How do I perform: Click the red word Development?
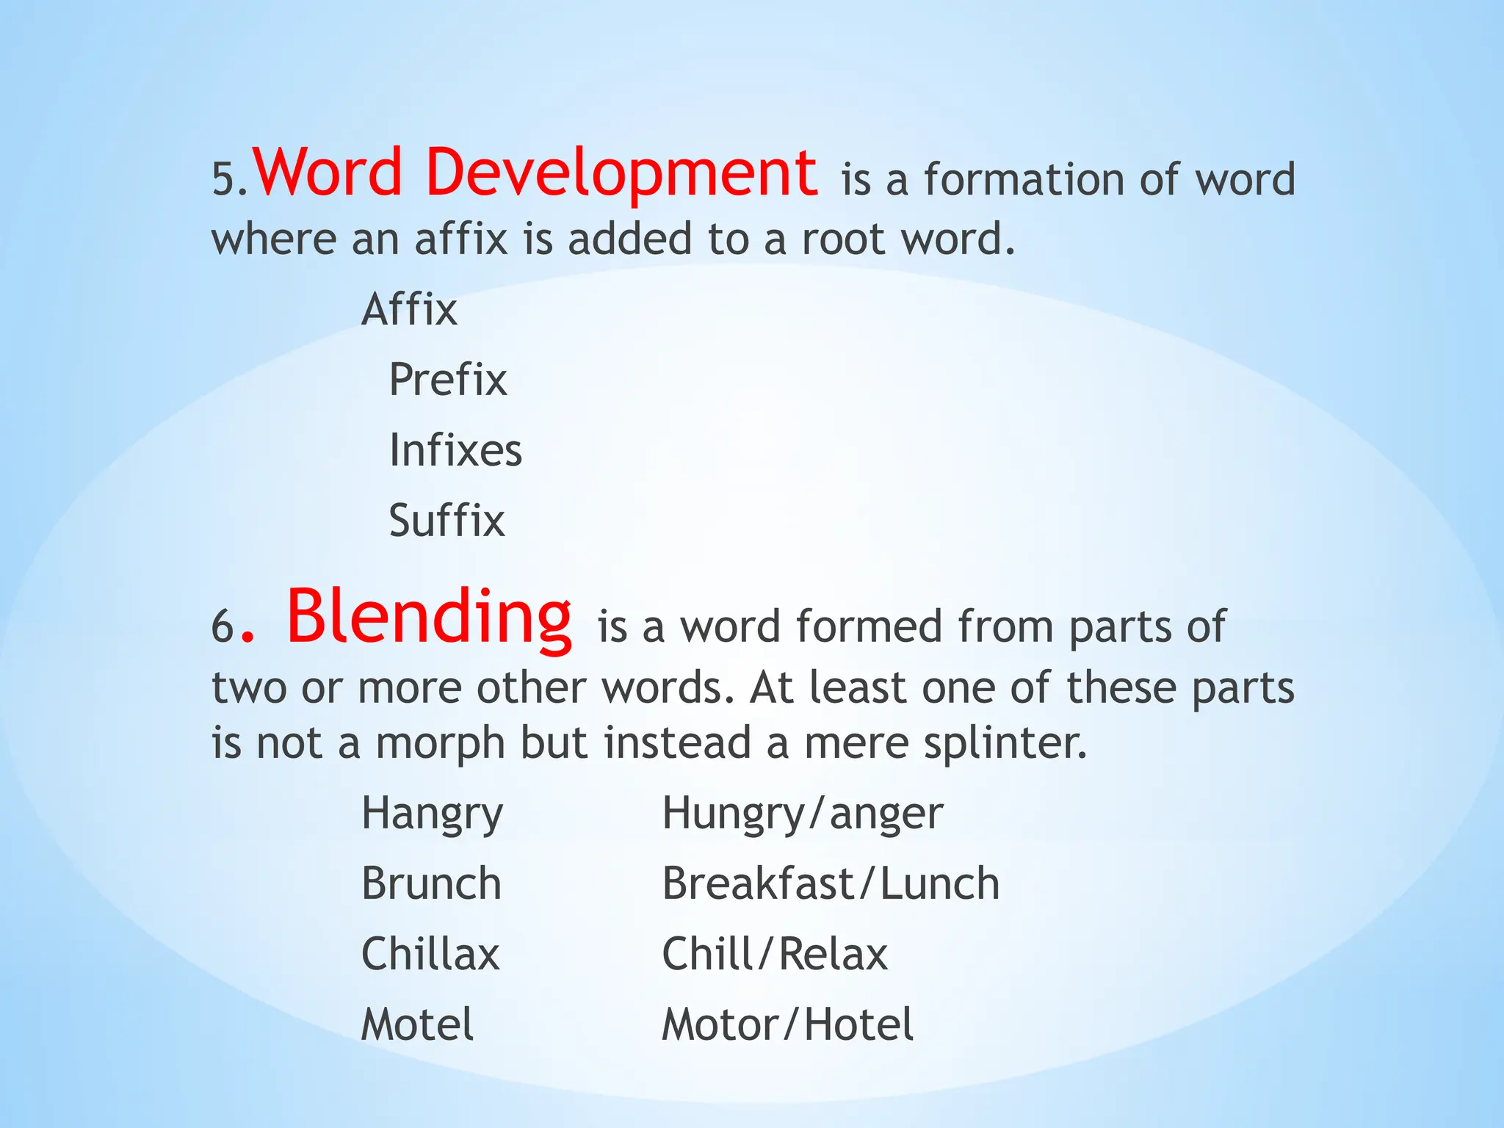(x=621, y=173)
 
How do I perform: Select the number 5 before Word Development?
(x=223, y=180)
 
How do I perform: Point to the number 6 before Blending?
(x=223, y=629)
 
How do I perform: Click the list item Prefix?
(x=448, y=380)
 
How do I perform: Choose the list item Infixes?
(x=455, y=450)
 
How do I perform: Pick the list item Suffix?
(x=446, y=521)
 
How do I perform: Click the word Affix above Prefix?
(x=409, y=309)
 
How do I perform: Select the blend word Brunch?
(x=431, y=883)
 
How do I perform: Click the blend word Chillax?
(x=430, y=954)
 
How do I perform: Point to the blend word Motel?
(x=417, y=1024)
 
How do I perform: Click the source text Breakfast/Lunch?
(x=831, y=883)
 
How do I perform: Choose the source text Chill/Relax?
(x=775, y=954)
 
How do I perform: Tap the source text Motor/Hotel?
(x=787, y=1024)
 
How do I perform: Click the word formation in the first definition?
(x=1024, y=180)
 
